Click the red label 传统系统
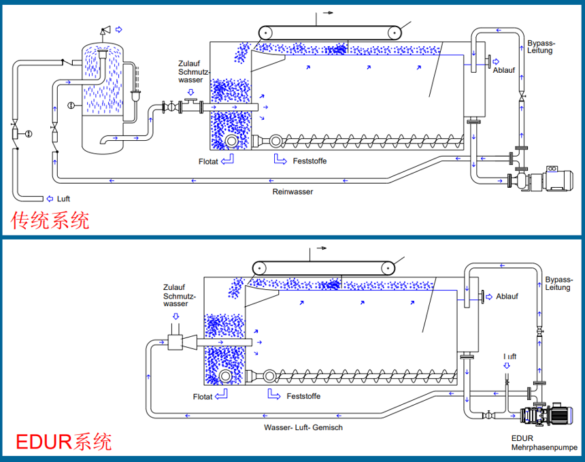(x=50, y=220)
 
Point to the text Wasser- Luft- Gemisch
(x=303, y=427)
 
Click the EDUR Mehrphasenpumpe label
(x=544, y=443)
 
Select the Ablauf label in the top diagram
(x=503, y=69)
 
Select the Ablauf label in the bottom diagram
(x=507, y=296)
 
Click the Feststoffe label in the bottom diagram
(x=303, y=396)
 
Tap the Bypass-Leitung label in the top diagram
(x=540, y=47)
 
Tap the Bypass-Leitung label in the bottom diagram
(x=558, y=283)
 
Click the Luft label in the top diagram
(x=63, y=199)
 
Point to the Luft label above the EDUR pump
(x=510, y=357)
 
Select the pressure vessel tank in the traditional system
(x=103, y=95)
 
